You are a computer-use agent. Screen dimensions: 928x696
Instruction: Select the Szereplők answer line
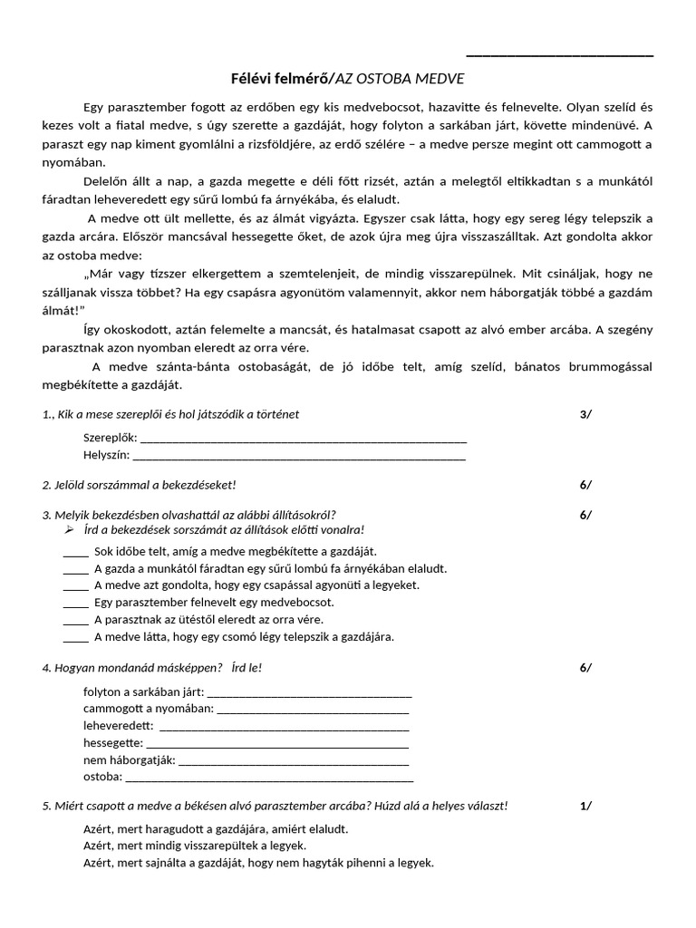[x=304, y=439]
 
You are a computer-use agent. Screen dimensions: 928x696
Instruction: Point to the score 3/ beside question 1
[x=585, y=414]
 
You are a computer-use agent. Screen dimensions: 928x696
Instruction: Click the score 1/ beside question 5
[x=585, y=806]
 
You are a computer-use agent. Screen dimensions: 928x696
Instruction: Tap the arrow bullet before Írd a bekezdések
[x=69, y=529]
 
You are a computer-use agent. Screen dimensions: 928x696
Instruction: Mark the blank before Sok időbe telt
[x=76, y=551]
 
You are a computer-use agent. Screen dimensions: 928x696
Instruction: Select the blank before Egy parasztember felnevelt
[x=76, y=603]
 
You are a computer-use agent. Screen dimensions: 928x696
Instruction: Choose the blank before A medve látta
[x=76, y=637]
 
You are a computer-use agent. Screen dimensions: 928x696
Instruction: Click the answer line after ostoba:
[x=269, y=778]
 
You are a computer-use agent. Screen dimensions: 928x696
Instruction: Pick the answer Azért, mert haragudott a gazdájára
[x=216, y=829]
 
